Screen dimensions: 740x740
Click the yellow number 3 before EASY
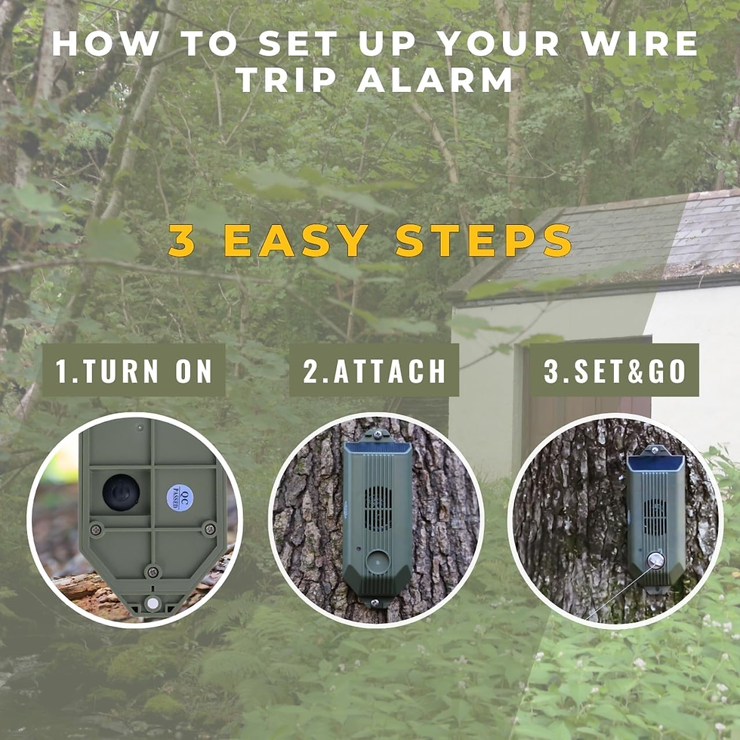coord(181,241)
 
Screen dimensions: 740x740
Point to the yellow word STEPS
coord(483,241)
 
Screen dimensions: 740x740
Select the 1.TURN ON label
coord(134,371)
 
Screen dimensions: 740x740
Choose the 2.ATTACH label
coord(374,371)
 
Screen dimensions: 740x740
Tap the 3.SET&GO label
coord(614,371)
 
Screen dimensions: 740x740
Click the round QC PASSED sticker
coord(181,498)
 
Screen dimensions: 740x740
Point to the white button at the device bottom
coord(153,603)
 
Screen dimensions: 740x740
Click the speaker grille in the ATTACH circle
coord(378,498)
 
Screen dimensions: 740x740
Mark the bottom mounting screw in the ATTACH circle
coord(374,601)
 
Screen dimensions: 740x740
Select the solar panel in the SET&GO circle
coord(655,462)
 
